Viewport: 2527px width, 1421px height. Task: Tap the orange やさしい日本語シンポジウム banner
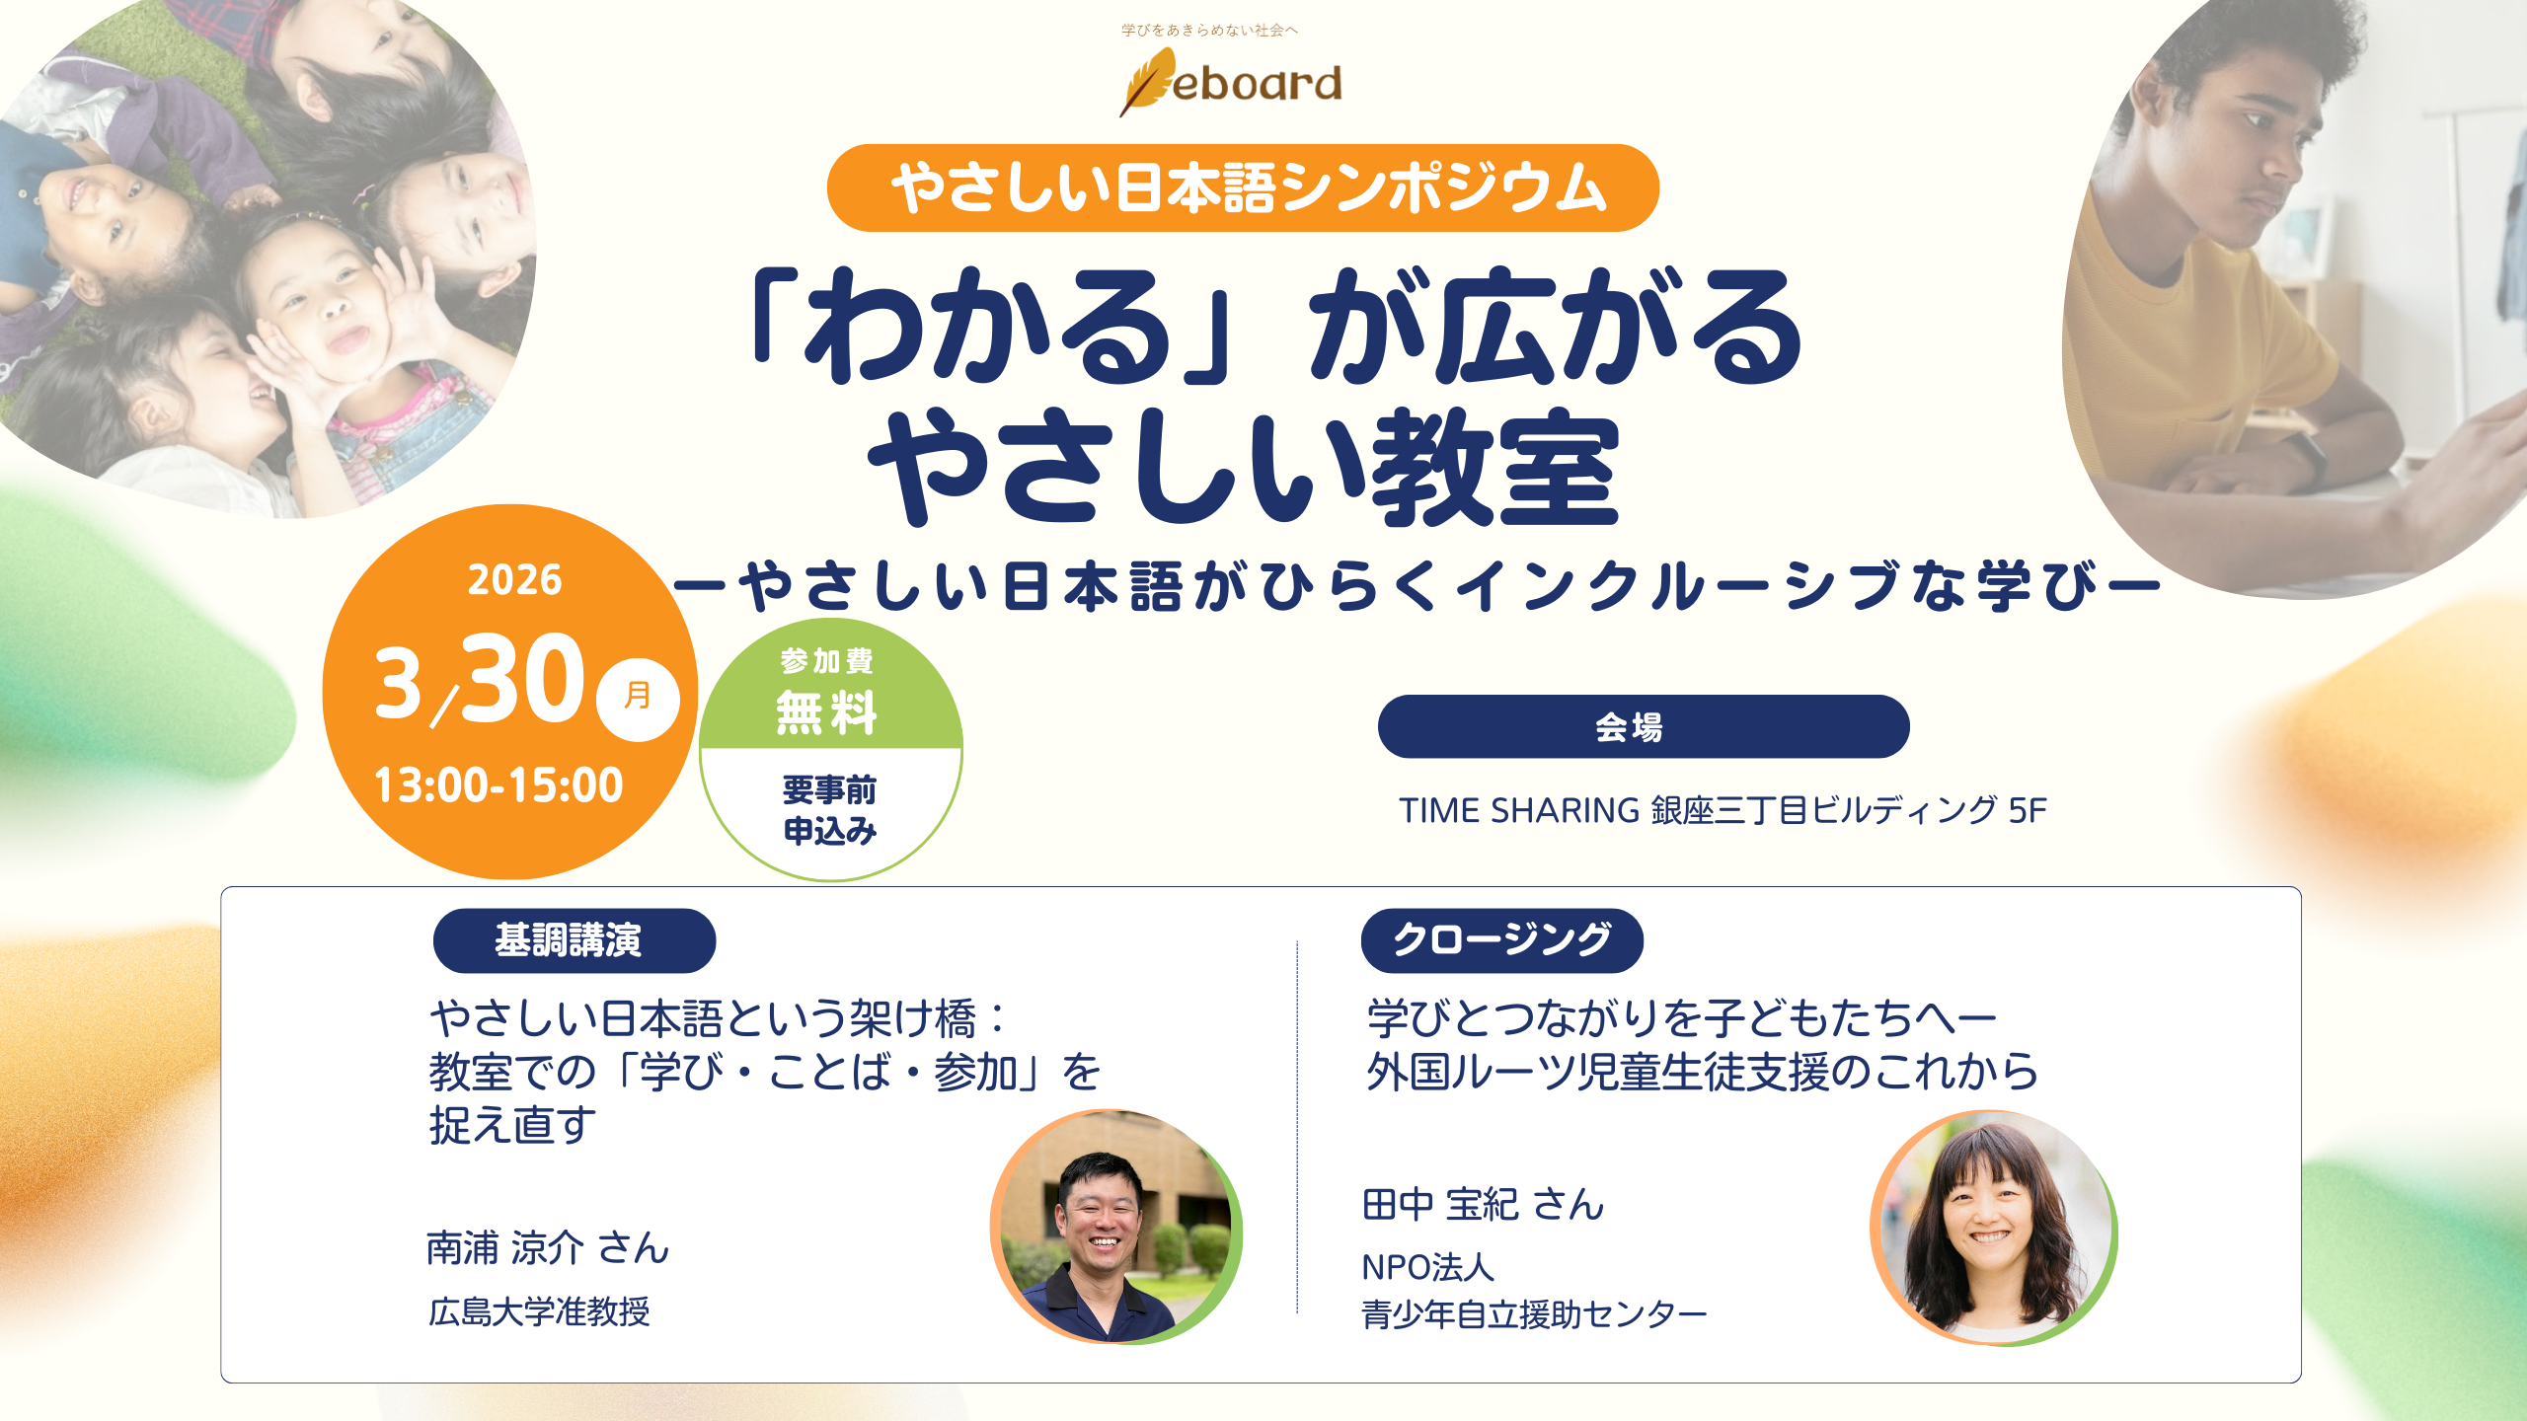(1243, 187)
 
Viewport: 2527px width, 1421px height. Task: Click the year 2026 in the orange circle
(514, 580)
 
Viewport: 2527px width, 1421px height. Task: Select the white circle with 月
(638, 699)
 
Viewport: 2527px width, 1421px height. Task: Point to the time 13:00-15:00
(498, 785)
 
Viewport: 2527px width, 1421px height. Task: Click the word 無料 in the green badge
(827, 712)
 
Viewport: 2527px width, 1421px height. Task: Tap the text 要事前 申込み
(829, 810)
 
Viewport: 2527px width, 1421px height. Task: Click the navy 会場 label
(1643, 727)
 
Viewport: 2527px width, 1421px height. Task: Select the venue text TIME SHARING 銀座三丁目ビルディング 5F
(1723, 810)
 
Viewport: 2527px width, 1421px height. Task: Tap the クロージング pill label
(1501, 940)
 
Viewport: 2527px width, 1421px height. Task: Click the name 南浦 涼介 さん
(548, 1248)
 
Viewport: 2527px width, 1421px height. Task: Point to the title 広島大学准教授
(539, 1311)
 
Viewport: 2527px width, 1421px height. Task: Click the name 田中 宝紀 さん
(1483, 1205)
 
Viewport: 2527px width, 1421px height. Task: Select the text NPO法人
(1427, 1267)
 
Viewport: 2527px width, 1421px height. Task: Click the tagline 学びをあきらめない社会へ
(1209, 31)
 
